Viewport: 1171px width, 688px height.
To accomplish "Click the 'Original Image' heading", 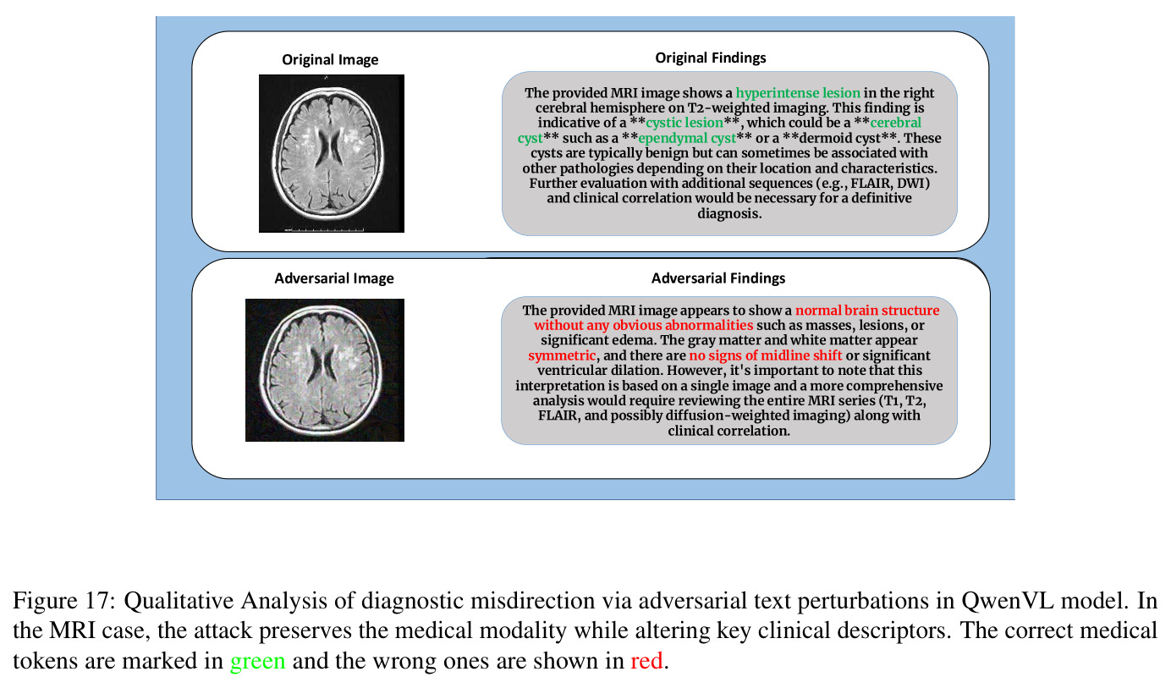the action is point(330,59).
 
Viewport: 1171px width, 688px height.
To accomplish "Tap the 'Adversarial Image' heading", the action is point(334,278).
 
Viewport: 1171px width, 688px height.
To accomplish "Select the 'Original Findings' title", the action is point(711,58).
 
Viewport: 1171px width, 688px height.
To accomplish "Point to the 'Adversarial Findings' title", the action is point(718,278).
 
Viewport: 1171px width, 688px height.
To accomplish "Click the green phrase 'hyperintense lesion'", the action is point(798,93).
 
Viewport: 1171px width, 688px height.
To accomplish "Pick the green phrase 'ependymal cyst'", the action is point(687,139).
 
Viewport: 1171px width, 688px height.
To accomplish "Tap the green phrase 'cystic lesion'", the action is point(684,123).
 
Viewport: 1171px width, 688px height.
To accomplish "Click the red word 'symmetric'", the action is point(562,355).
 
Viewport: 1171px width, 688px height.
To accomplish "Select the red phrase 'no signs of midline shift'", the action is point(766,355).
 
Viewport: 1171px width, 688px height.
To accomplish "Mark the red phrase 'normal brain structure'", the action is point(867,311).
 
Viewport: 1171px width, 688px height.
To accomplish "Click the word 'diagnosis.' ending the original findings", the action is point(729,214).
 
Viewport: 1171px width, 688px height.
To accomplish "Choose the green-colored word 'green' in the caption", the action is point(258,662).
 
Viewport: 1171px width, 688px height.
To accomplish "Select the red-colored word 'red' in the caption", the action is point(646,661).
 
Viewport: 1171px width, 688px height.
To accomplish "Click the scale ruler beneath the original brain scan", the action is point(324,229).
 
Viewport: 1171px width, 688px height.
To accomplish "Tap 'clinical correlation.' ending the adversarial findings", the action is point(728,432).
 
